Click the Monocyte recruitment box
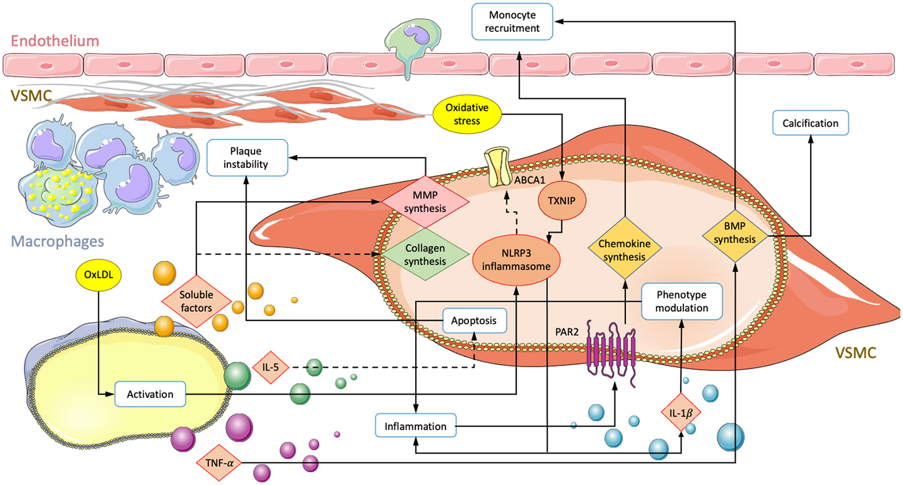[512, 22]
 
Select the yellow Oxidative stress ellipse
[467, 114]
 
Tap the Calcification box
[810, 123]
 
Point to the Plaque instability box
[247, 158]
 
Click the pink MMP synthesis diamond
[425, 202]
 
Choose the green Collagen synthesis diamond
[425, 255]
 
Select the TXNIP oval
[562, 201]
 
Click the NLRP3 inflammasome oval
[516, 260]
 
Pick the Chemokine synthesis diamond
[625, 250]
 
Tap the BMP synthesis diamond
[734, 233]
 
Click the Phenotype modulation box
[681, 301]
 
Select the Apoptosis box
[474, 320]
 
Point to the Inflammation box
[415, 426]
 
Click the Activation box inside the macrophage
[150, 394]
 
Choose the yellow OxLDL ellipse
[99, 275]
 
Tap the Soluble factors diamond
[196, 301]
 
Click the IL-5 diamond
[271, 367]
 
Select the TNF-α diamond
[219, 463]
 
